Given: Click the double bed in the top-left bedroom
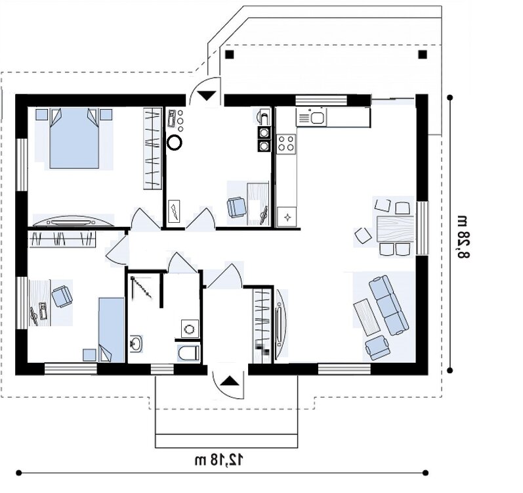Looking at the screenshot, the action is [x=74, y=138].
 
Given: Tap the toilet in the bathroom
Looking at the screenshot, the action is [x=189, y=352].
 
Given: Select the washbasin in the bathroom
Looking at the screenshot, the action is [x=136, y=344].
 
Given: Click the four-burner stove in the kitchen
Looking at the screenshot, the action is [x=287, y=143].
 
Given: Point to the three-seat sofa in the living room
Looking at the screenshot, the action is [x=389, y=304].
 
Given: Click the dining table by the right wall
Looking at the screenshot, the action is [x=395, y=229].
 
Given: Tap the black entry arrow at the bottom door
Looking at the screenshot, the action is [x=230, y=381].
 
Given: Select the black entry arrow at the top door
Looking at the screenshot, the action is [x=207, y=96].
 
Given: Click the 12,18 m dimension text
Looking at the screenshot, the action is [x=219, y=460].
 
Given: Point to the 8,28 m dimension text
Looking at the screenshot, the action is [x=463, y=237].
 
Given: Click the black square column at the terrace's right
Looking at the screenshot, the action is [x=423, y=54].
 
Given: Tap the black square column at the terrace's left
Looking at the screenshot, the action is [x=230, y=54].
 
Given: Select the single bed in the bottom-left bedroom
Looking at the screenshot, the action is [x=112, y=330].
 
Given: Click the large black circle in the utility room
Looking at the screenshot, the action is [x=175, y=143].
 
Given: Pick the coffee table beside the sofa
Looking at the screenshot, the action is [x=367, y=317].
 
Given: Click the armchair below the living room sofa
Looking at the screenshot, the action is [x=377, y=348].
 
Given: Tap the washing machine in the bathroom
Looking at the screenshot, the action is [x=190, y=329].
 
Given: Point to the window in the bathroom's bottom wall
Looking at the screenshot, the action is [x=162, y=369].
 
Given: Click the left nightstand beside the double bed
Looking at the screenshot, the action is [x=42, y=114].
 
